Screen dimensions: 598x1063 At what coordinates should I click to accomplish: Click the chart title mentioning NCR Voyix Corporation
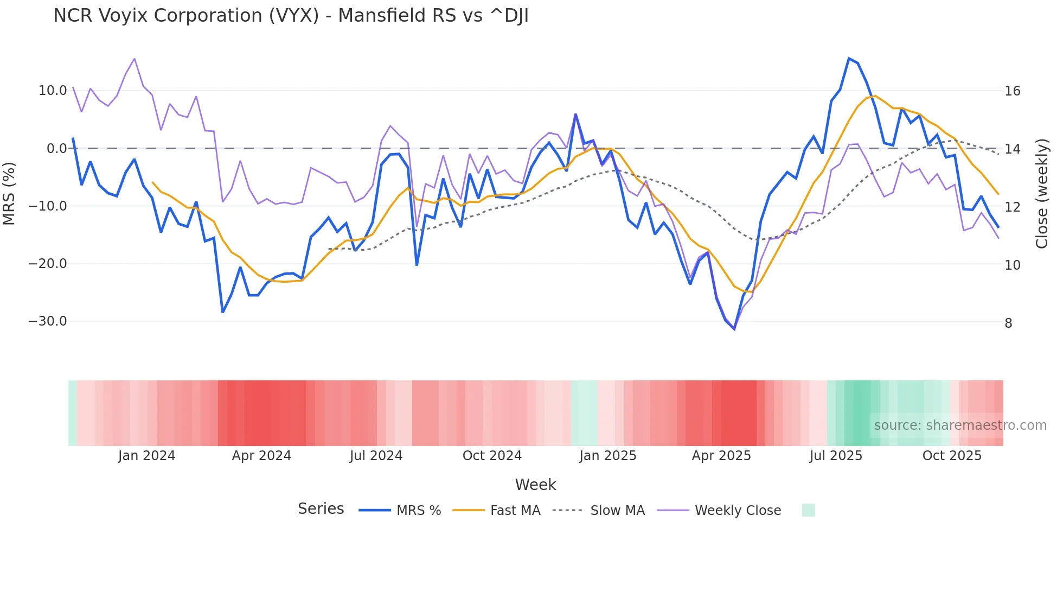pos(291,16)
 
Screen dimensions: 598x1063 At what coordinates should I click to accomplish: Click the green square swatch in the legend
pos(808,510)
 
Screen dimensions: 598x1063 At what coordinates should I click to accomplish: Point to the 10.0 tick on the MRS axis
pos(53,91)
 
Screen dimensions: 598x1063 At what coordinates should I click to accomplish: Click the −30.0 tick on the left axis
pos(48,321)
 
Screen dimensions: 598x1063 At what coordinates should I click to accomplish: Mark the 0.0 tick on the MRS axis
pos(57,149)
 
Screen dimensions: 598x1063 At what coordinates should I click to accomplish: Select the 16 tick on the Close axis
pos(1012,91)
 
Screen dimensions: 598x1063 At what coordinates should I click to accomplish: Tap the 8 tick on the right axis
pos(1008,323)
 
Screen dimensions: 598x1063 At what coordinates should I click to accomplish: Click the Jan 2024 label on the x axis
pos(146,456)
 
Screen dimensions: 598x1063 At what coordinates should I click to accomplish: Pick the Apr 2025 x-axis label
pos(721,456)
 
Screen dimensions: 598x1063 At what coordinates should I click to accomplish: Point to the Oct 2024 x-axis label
pos(492,456)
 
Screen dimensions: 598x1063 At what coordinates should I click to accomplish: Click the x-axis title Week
pos(535,485)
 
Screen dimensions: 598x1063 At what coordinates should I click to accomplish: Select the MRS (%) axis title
pos(9,193)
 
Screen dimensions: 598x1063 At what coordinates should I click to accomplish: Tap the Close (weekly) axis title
pos(1042,194)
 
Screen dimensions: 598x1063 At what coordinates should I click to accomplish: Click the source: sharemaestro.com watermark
pos(960,425)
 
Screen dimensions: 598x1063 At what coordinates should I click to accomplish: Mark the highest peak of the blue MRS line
pos(849,58)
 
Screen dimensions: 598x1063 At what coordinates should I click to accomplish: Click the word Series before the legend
pos(321,509)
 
